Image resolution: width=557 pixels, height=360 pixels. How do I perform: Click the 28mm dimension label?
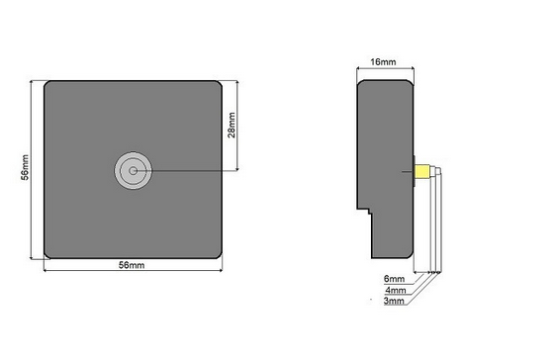(x=232, y=125)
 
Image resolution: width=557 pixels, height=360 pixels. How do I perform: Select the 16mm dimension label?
(x=383, y=61)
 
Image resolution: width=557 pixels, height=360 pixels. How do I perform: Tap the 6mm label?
(x=394, y=279)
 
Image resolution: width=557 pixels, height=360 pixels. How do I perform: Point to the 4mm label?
(x=396, y=291)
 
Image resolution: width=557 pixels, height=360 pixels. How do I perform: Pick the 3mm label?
(x=394, y=301)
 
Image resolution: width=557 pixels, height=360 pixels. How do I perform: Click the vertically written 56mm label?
(x=25, y=167)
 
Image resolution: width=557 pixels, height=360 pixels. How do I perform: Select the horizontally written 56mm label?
(x=132, y=265)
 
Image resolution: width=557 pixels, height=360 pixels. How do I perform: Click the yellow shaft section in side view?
(x=422, y=171)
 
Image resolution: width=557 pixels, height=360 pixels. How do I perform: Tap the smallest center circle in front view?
(x=133, y=171)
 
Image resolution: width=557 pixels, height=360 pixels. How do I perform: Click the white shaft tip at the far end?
(x=439, y=171)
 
